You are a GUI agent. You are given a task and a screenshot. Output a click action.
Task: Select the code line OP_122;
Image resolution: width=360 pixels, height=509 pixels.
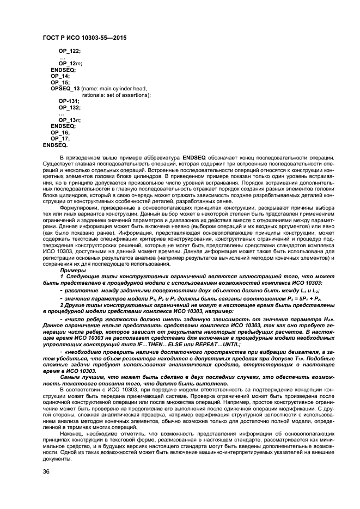[x=69, y=51]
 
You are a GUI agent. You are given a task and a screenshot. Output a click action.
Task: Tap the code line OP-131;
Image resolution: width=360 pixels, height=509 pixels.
[x=69, y=101]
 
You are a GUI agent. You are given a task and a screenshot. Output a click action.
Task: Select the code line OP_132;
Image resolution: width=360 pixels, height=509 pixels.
[x=69, y=107]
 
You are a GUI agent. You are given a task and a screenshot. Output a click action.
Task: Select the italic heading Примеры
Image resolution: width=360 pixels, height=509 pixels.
[x=72, y=271]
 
